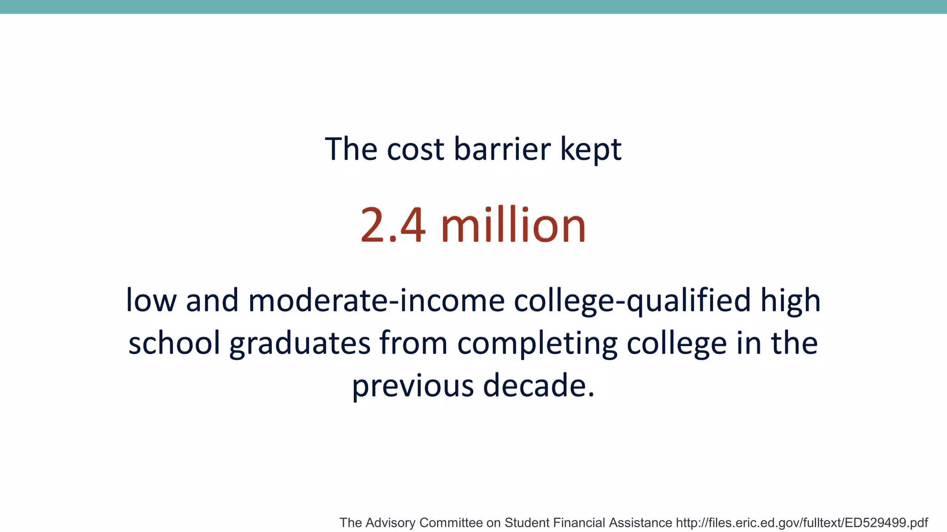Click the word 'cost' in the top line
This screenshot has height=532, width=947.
pos(415,150)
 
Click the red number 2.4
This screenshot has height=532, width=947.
pos(393,225)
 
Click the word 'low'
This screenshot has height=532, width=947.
pos(151,301)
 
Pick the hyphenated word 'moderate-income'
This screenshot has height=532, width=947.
pos(376,301)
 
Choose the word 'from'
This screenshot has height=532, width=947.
pos(413,343)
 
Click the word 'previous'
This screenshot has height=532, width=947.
pos(412,386)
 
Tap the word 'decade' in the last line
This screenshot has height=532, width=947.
pos(534,385)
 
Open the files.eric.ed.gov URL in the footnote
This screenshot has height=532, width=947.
pos(802,523)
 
